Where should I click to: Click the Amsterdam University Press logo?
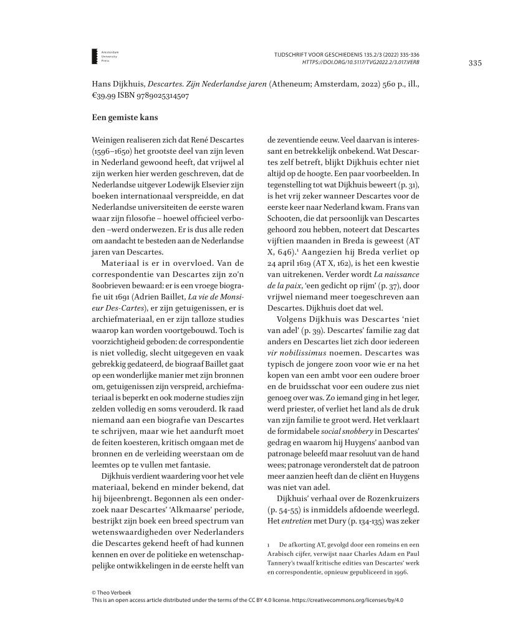95,56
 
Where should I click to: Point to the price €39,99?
103,96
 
